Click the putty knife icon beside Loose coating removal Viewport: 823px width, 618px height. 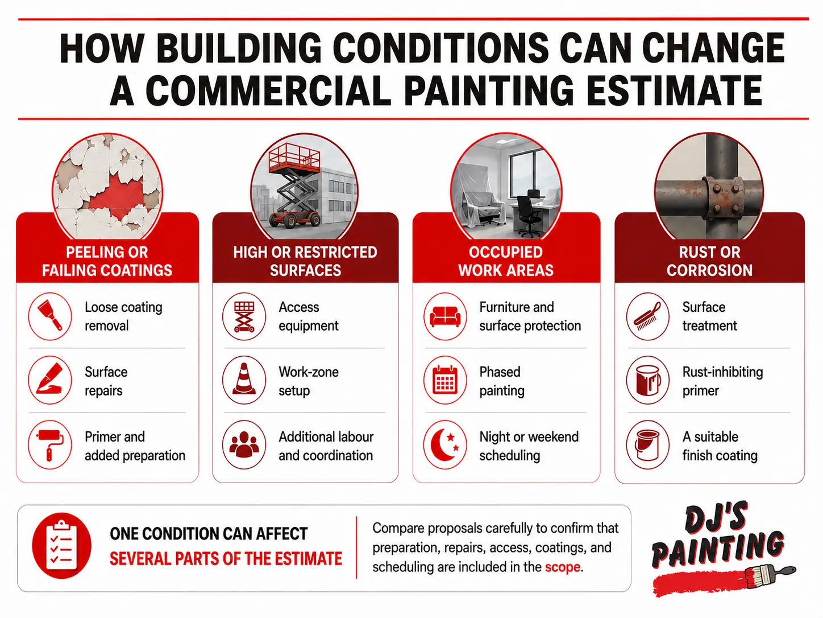[x=50, y=316]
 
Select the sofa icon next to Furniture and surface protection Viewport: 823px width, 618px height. [x=445, y=316]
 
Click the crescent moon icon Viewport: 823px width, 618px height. [x=444, y=444]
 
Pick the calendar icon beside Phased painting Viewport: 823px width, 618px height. [x=445, y=380]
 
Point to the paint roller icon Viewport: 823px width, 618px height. [x=50, y=444]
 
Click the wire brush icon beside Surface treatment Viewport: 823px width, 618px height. [x=647, y=316]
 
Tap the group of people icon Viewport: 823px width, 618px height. [x=244, y=444]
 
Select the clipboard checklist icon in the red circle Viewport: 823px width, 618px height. [x=61, y=545]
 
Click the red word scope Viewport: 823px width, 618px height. [x=563, y=567]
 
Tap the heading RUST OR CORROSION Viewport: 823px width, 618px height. [x=709, y=261]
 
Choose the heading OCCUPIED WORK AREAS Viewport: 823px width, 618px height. [x=506, y=261]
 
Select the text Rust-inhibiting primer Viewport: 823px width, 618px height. [x=722, y=381]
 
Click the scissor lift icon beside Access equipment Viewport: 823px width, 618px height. [x=244, y=316]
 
